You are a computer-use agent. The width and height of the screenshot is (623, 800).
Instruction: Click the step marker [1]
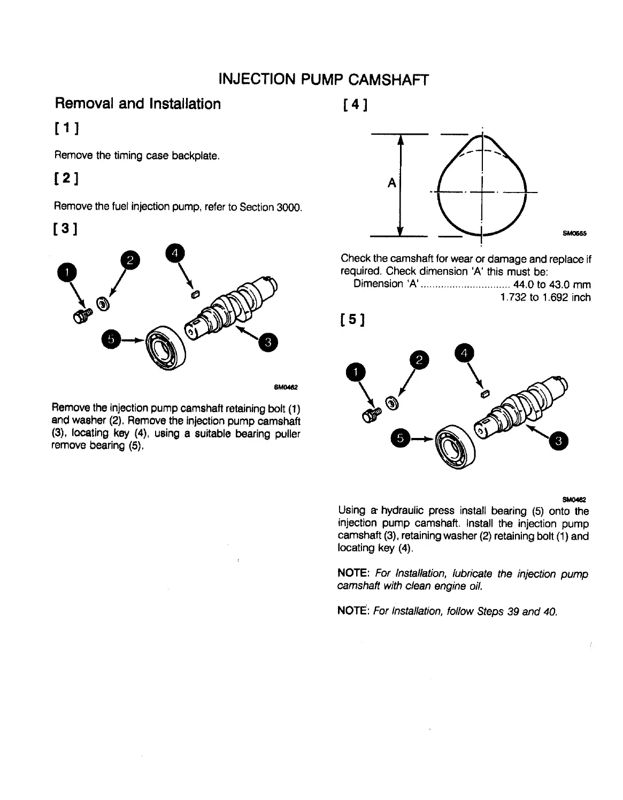click(67, 129)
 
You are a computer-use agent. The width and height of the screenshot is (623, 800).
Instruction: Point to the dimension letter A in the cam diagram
click(391, 183)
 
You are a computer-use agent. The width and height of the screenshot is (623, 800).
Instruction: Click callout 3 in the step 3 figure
click(267, 342)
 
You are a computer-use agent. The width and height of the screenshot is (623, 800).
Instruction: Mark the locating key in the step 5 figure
click(486, 395)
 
